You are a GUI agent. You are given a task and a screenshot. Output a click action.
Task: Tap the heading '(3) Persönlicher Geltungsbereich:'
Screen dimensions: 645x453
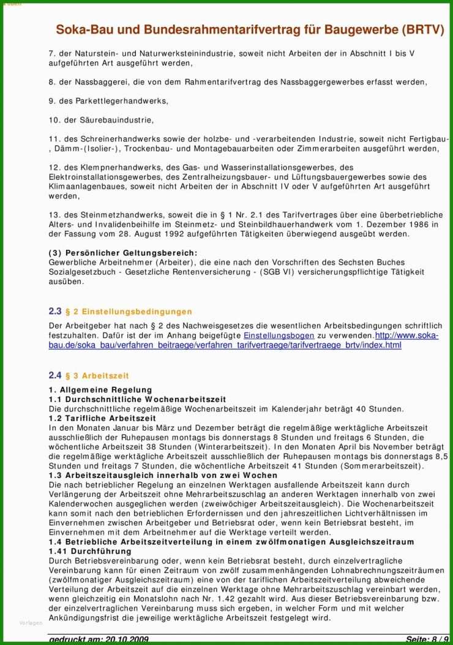123,253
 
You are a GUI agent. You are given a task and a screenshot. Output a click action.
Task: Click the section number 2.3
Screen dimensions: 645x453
55,311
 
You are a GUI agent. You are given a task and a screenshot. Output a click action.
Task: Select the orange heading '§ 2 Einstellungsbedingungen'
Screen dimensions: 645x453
128,312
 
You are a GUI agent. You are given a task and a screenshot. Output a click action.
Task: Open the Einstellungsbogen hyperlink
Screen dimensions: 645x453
279,336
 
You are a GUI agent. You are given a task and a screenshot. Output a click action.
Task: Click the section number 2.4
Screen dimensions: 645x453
55,375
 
